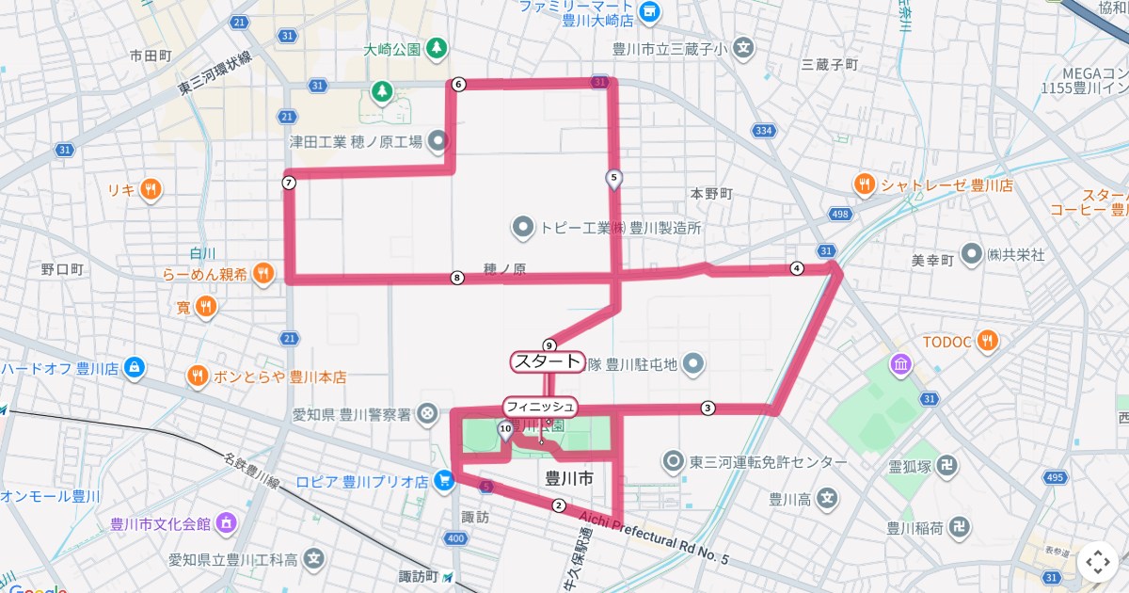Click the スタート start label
tap(548, 361)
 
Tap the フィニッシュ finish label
tap(540, 407)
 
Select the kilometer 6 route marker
tap(458, 85)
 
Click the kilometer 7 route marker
tap(289, 183)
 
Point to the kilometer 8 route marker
tap(457, 278)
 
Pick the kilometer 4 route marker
tap(797, 268)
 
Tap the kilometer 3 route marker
tap(708, 409)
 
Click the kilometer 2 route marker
tap(558, 506)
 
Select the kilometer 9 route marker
tap(549, 345)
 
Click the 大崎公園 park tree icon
tap(437, 47)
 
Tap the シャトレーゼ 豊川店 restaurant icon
tap(864, 185)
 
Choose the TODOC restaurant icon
tap(987, 341)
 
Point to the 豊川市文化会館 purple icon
tap(226, 523)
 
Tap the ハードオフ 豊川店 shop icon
tap(135, 367)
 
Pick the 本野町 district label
tap(711, 194)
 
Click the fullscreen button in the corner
tap(1097, 562)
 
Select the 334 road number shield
tap(763, 131)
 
